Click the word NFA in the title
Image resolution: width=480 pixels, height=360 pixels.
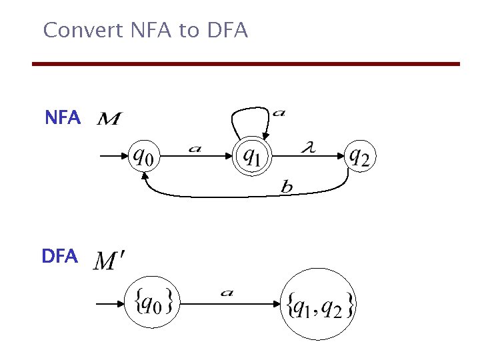[x=145, y=30]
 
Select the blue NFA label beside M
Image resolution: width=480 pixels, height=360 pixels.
[x=62, y=119]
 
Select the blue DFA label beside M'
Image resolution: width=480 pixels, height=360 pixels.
[x=59, y=256]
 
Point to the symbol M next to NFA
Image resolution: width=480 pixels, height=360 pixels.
[x=109, y=119]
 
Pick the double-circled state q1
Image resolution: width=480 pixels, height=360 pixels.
[x=251, y=157]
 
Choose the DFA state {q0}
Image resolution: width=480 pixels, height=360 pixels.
[x=154, y=303]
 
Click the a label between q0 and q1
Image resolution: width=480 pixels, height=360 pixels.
[x=194, y=149]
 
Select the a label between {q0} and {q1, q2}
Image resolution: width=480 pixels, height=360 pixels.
[x=226, y=293]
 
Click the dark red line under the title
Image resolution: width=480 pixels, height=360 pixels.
[x=246, y=64]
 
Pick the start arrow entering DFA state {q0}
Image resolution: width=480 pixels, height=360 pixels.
[x=111, y=304]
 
